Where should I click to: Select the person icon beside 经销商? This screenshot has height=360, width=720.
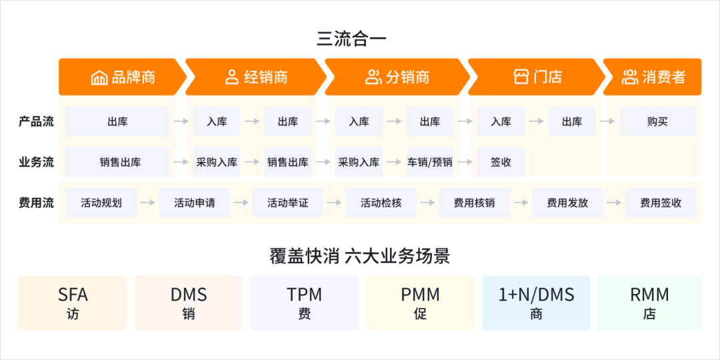pos(232,77)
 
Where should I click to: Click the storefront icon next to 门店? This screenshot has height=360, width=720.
pos(521,77)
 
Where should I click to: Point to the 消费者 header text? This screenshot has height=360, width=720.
pos(663,77)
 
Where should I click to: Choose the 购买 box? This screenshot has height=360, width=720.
pos(657,121)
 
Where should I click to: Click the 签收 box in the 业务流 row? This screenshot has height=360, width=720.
pos(501,162)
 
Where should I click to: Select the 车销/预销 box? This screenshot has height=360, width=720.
pos(429,162)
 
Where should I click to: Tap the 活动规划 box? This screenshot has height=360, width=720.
pos(101,203)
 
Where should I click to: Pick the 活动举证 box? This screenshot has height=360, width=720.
pos(288,203)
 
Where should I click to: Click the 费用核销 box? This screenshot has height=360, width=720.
pos(474,203)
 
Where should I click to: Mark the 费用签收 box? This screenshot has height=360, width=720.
pos(661,203)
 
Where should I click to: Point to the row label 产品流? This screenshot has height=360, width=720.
pos(36,122)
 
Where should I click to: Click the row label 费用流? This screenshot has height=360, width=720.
pos(36,203)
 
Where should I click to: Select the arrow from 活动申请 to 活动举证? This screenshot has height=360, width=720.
pos(241,203)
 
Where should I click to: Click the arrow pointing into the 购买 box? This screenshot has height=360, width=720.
pos(607,121)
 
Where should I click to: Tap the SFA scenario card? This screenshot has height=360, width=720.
pos(73,303)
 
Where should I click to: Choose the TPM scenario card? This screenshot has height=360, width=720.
pos(305,303)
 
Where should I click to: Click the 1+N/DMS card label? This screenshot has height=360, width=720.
pos(536,295)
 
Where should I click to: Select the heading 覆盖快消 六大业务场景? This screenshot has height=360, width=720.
pos(360,256)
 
